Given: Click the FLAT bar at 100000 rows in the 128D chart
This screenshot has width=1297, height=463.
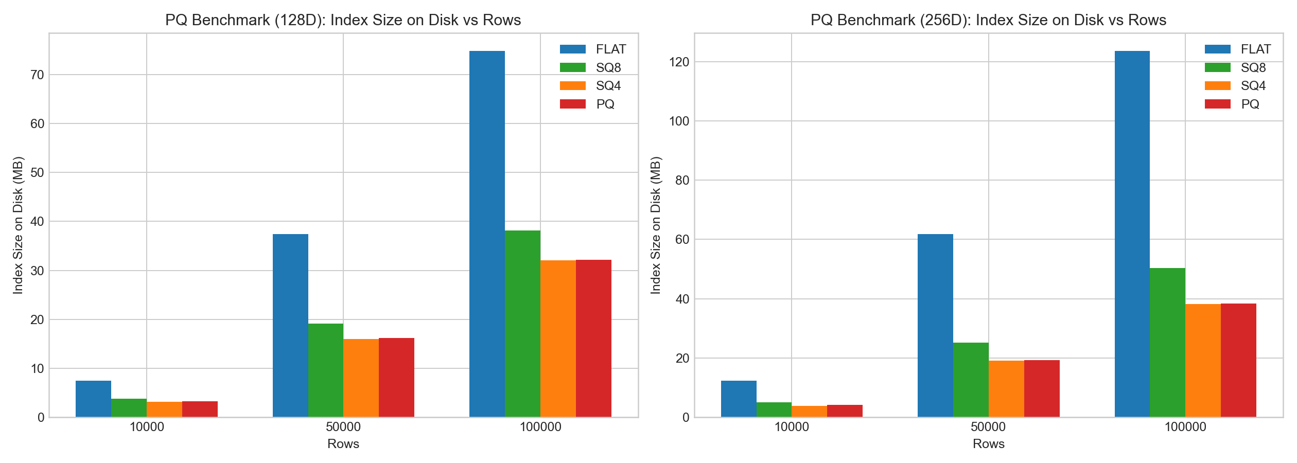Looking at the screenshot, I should click(487, 234).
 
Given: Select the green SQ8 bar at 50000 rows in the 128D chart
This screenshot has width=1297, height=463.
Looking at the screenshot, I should click(326, 370).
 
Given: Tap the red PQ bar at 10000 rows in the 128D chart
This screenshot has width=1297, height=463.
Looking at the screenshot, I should click(200, 409).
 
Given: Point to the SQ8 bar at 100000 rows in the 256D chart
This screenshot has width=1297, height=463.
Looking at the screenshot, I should click(1167, 343).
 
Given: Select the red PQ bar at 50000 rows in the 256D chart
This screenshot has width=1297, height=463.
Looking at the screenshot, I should click(1042, 388).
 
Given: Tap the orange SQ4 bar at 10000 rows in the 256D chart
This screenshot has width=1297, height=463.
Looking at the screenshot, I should click(809, 412).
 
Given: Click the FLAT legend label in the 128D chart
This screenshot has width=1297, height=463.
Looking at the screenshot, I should click(611, 49).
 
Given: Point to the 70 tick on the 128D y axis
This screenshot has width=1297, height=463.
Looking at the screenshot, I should click(38, 75).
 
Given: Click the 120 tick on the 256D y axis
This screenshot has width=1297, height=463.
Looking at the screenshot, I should click(679, 62).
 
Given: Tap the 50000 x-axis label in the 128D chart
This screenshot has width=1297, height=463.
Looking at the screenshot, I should click(343, 427).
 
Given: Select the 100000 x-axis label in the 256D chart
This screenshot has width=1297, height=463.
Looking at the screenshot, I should click(1185, 427).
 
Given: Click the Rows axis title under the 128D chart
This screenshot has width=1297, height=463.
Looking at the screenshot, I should click(343, 444).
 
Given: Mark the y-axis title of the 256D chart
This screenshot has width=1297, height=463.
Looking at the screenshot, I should click(655, 225).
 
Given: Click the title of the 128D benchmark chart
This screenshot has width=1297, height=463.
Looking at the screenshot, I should click(343, 20).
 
